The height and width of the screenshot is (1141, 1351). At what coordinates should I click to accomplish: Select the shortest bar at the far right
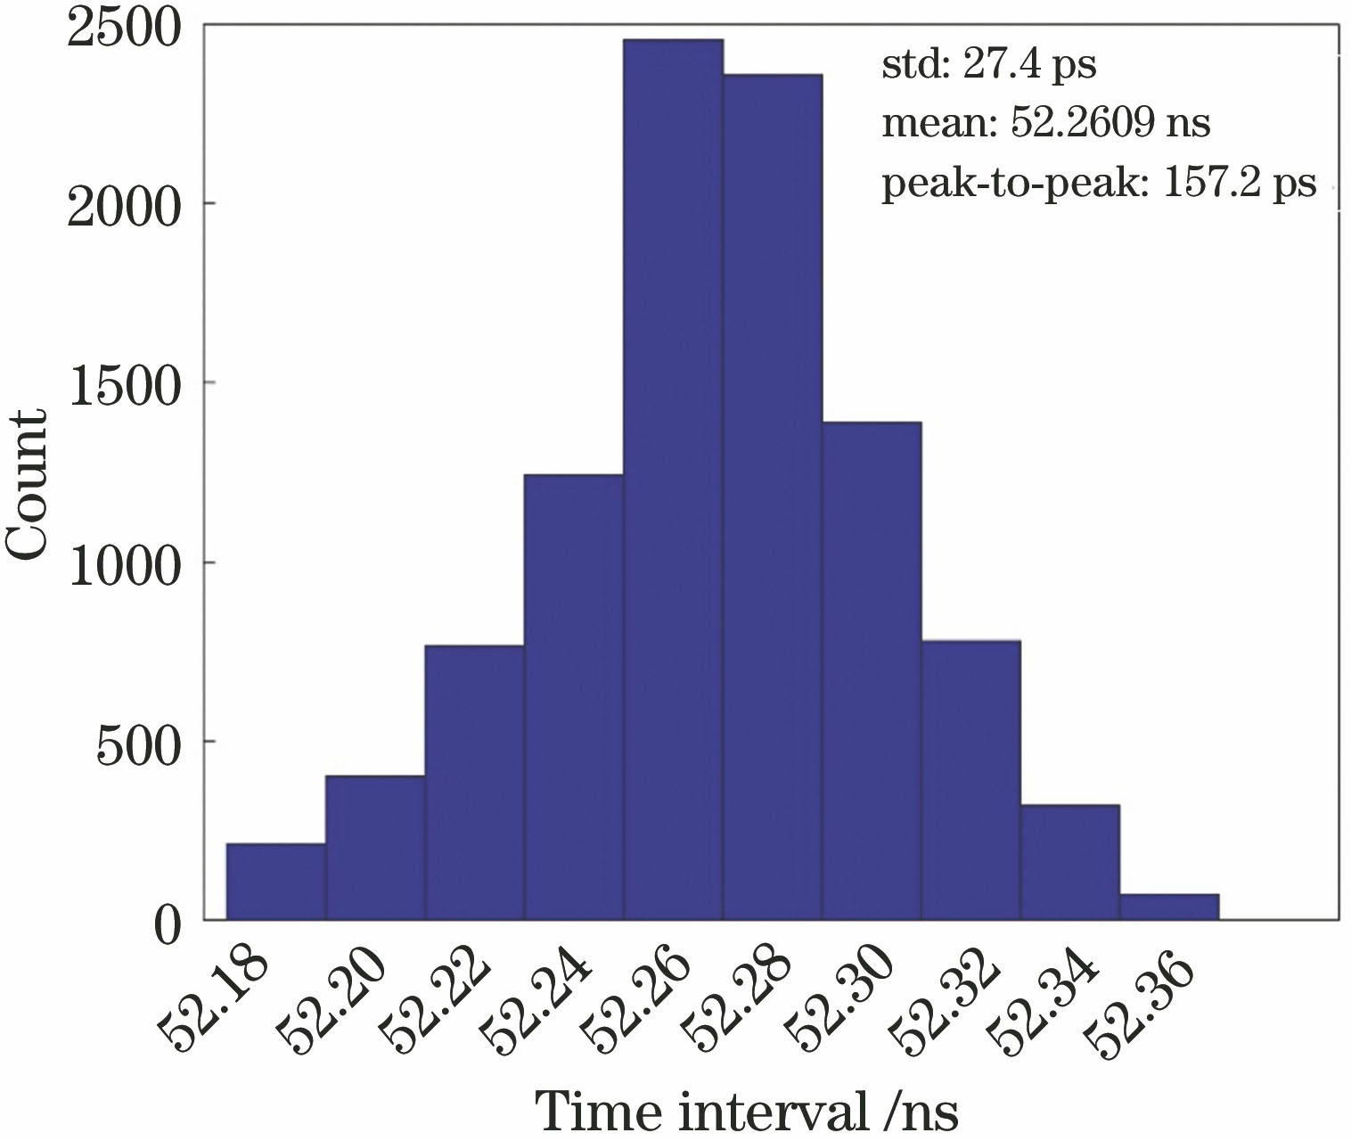pyautogui.click(x=1169, y=907)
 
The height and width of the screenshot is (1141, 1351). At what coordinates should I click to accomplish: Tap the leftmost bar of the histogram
pyautogui.click(x=275, y=882)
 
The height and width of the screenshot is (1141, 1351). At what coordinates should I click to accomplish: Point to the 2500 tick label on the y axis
pyautogui.click(x=125, y=26)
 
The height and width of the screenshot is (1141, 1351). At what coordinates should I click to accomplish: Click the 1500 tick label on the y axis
pyautogui.click(x=125, y=384)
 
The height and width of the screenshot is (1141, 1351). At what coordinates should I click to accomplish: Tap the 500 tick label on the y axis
pyautogui.click(x=138, y=742)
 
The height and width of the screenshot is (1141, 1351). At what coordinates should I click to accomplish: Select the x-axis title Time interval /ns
pyautogui.click(x=747, y=1112)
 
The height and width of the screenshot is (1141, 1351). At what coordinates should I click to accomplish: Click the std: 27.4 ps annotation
pyautogui.click(x=988, y=66)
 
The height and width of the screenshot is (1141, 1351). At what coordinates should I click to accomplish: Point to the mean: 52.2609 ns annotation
pyautogui.click(x=1045, y=123)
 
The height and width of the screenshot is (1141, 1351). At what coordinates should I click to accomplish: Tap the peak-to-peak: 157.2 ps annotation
pyautogui.click(x=1098, y=183)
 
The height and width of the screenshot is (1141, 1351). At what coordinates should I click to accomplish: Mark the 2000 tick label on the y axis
pyautogui.click(x=125, y=204)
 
